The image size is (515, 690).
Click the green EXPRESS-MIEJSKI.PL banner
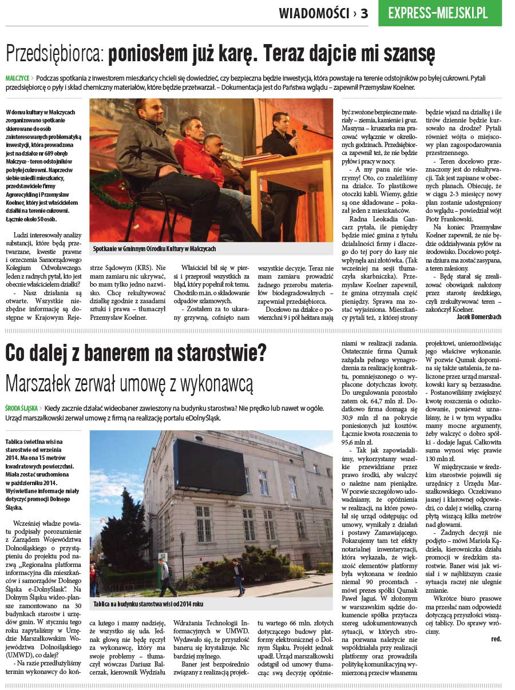pos(439,13)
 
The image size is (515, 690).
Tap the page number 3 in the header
pos(365,13)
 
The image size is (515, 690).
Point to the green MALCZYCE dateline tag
pos(17,77)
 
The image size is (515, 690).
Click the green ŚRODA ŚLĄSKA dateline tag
pos(22,408)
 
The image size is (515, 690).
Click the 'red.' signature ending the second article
pos(496,639)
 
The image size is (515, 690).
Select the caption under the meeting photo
pos(154,249)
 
